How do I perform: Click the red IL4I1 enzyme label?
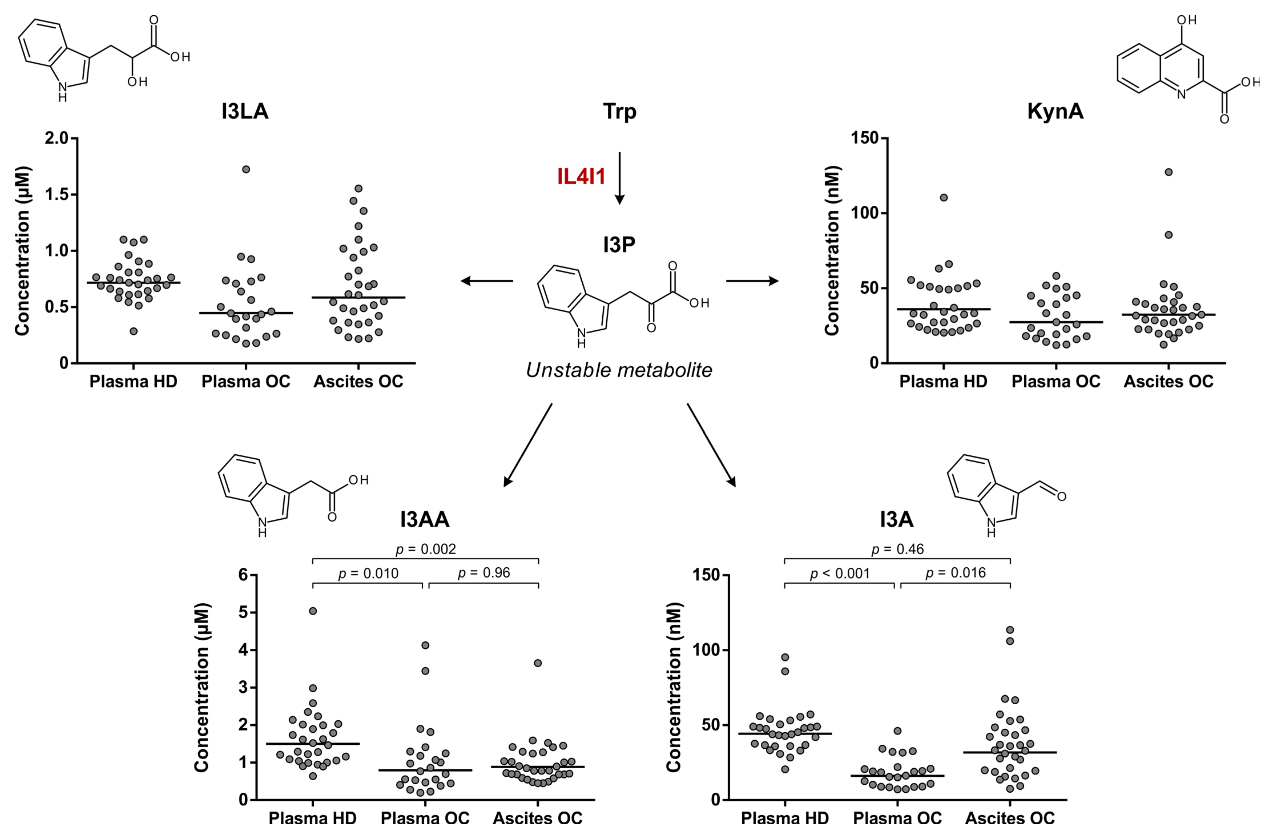pos(581,176)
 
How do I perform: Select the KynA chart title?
pos(1055,112)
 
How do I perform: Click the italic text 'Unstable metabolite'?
pos(619,370)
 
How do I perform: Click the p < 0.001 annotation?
pos(840,574)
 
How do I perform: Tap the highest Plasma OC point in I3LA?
pos(246,169)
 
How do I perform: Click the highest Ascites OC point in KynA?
pos(1169,172)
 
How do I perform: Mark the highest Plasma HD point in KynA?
pos(944,198)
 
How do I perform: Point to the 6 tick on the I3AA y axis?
pos(244,575)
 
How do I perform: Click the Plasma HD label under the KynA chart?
pos(943,381)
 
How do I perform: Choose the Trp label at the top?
pos(620,112)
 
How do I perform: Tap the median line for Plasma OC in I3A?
pos(897,776)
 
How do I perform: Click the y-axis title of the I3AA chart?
pos(202,688)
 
